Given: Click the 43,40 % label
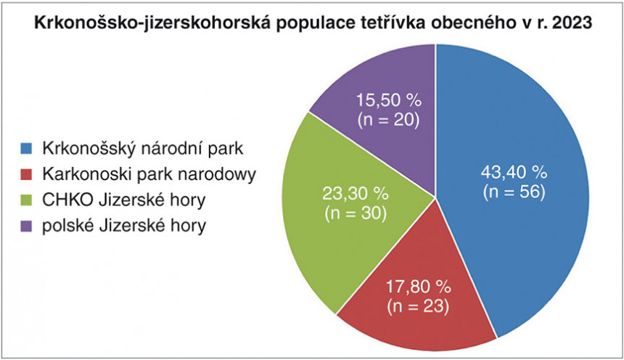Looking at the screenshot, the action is (x=514, y=173).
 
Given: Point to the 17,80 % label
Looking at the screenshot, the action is (x=418, y=286).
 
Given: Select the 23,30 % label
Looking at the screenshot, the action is (x=356, y=194).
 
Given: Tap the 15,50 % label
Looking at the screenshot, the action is (x=388, y=100).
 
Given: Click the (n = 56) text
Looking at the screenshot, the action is (x=514, y=192).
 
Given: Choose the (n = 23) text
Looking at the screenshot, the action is (x=418, y=306).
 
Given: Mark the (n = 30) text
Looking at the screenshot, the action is (x=356, y=214).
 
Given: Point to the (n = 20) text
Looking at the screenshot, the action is (x=388, y=120).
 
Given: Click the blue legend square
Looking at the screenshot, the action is (x=26, y=149).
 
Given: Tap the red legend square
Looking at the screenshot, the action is (x=26, y=174).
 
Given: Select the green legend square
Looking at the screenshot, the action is (x=26, y=200).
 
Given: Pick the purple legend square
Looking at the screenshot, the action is (x=26, y=226).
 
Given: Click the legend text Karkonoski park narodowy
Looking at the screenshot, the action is (x=149, y=174).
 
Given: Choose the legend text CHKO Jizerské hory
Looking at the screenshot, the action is (x=124, y=200).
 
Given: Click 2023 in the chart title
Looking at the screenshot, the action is (x=571, y=22).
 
